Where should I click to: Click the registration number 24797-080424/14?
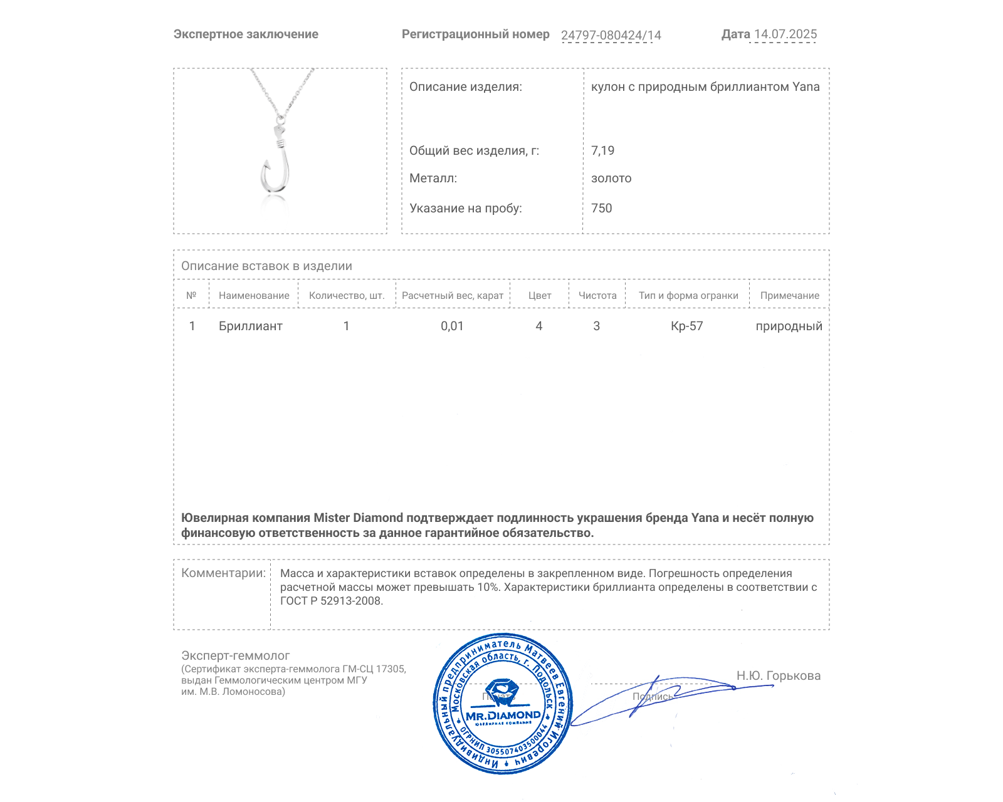[611, 35]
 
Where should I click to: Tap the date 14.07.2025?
[785, 34]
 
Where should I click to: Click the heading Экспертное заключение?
[246, 34]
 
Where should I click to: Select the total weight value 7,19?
[602, 150]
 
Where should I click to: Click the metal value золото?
[611, 179]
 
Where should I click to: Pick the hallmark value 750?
[601, 208]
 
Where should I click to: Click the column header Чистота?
[597, 296]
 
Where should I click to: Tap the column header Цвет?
[539, 296]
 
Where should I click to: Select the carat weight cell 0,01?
[452, 326]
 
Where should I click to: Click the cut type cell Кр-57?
[686, 326]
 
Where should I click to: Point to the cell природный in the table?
[789, 326]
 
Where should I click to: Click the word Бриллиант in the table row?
[250, 326]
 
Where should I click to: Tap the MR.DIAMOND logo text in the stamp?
[503, 716]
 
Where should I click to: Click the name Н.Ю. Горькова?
[778, 675]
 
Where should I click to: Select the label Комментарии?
[223, 573]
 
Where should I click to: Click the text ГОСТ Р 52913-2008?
[331, 601]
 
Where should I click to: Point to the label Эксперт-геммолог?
[235, 655]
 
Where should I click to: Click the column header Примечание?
[789, 296]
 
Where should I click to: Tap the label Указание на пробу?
[465, 208]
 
